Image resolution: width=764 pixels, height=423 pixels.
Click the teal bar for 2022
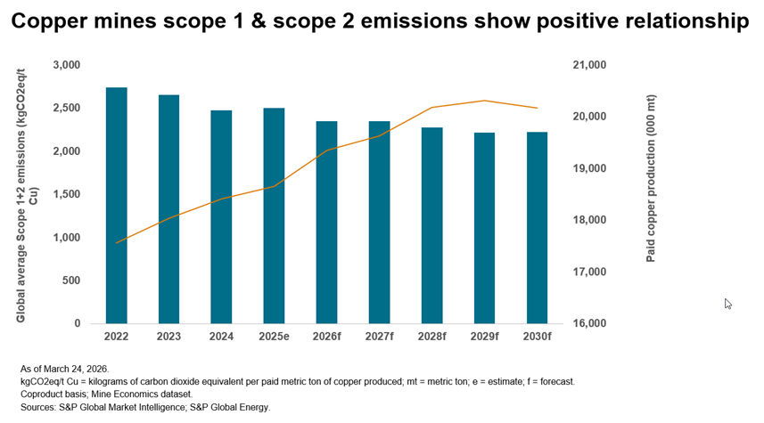click(x=116, y=205)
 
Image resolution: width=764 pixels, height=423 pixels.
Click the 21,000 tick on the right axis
click(x=591, y=65)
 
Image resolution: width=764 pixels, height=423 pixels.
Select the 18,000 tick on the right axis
click(x=591, y=220)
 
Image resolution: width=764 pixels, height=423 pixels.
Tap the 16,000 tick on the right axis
click(x=591, y=323)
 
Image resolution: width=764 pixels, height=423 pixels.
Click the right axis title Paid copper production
click(x=651, y=194)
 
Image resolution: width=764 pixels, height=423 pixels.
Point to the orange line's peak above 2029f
click(x=484, y=101)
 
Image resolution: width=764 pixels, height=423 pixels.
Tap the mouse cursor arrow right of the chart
click(x=727, y=303)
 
